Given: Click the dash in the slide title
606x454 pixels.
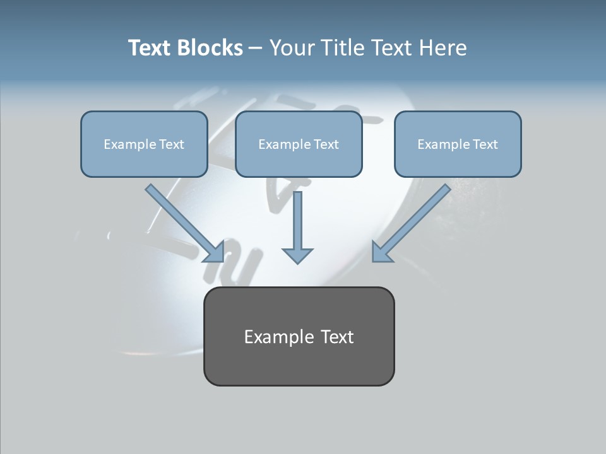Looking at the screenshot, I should point(256,49).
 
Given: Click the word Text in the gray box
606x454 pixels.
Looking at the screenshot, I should point(338,337).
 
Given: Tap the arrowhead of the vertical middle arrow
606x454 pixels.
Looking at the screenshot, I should point(297,255).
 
